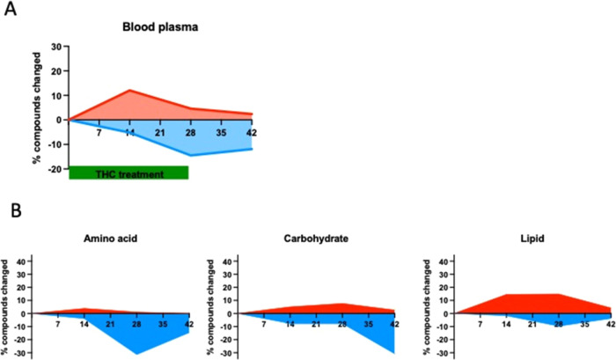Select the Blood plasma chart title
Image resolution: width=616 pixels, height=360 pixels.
[159, 27]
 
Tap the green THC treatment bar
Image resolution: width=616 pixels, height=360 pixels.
[128, 173]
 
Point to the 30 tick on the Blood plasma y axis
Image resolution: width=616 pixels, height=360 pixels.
[56, 46]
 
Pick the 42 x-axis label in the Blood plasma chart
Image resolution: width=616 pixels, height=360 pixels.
[251, 132]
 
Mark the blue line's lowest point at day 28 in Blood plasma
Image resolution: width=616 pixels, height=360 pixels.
[190, 156]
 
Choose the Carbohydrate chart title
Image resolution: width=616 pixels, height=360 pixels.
[313, 239]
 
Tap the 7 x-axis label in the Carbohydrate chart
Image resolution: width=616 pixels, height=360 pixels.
[265, 325]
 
